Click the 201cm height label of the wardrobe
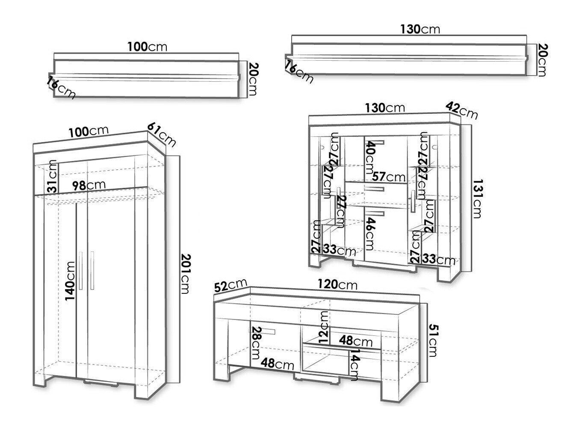[185, 274]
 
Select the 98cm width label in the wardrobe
[88, 185]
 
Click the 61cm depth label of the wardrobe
[162, 134]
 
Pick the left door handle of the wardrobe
[80, 271]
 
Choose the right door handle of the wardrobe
[92, 271]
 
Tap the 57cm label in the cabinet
[388, 176]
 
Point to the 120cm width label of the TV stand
[337, 284]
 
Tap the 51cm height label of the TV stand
[433, 340]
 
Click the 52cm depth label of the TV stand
[230, 285]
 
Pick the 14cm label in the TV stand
[354, 364]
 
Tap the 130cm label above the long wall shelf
[420, 29]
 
